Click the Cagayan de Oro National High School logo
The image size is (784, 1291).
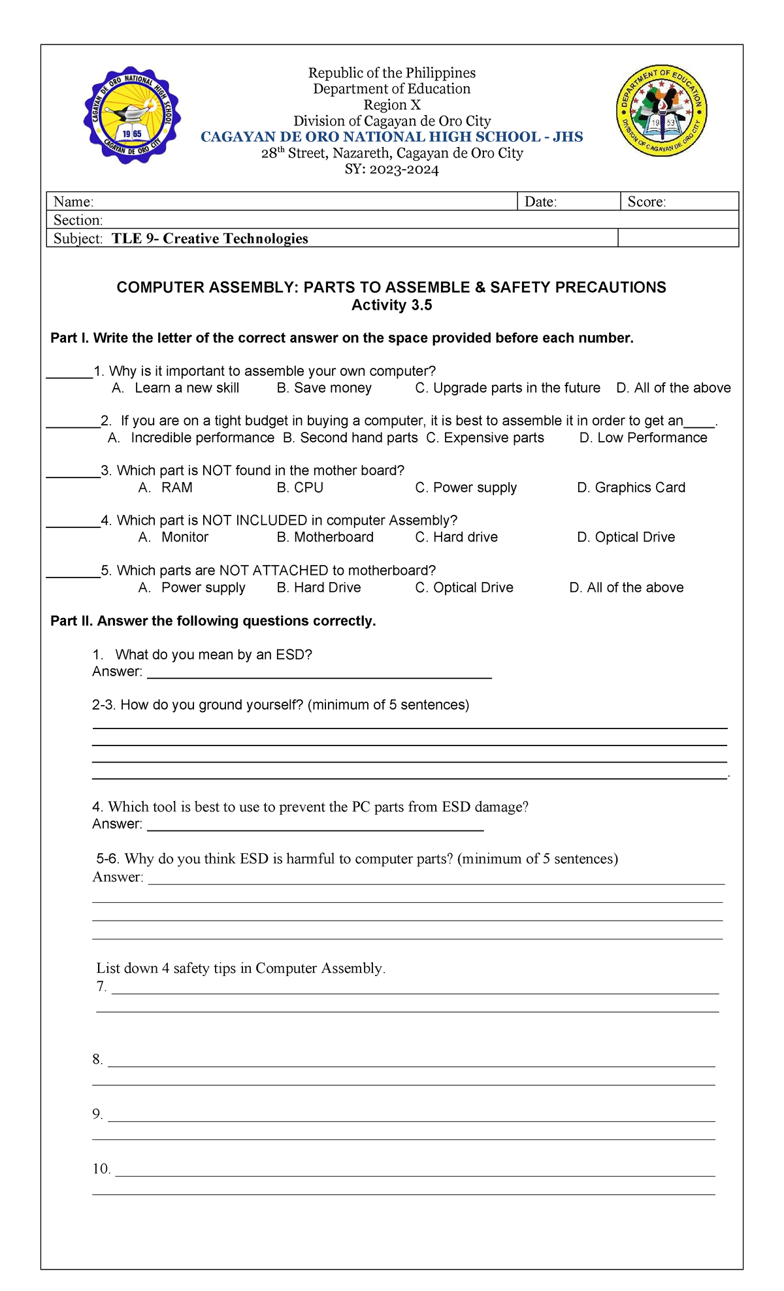point(132,116)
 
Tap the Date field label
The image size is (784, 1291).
point(540,202)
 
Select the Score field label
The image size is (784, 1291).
point(646,202)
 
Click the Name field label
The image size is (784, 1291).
point(73,202)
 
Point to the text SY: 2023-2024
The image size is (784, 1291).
point(391,170)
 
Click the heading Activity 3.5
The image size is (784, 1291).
point(391,305)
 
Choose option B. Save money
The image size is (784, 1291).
point(324,388)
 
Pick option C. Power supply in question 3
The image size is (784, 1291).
point(466,487)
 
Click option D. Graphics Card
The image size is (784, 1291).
point(631,487)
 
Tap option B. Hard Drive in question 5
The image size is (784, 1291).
point(319,587)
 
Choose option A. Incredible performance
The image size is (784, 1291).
point(191,438)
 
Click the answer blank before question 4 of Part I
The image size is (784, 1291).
point(73,521)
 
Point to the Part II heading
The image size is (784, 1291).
point(213,621)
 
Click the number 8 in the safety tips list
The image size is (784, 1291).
point(98,1060)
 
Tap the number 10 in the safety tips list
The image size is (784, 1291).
point(101,1169)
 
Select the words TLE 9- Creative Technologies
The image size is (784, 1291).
point(210,238)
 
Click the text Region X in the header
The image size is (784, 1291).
point(392,105)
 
